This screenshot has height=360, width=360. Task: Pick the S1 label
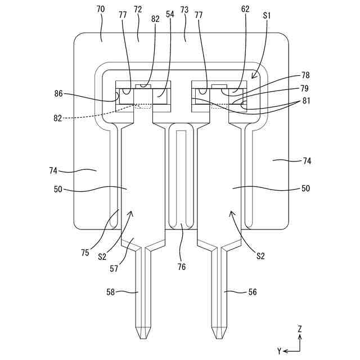coord(267,16)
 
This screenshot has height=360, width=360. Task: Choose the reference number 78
coord(305,75)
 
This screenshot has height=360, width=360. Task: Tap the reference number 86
coord(59,94)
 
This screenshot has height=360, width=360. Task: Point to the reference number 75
coord(85,253)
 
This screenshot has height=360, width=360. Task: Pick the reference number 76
coord(182,267)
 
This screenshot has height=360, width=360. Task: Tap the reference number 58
coord(111,292)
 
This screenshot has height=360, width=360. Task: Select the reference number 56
coord(253,292)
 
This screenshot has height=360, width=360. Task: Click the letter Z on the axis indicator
coord(300,328)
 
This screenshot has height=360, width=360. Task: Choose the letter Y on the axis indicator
coord(280,351)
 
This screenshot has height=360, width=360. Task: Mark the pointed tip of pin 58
coord(142,337)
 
